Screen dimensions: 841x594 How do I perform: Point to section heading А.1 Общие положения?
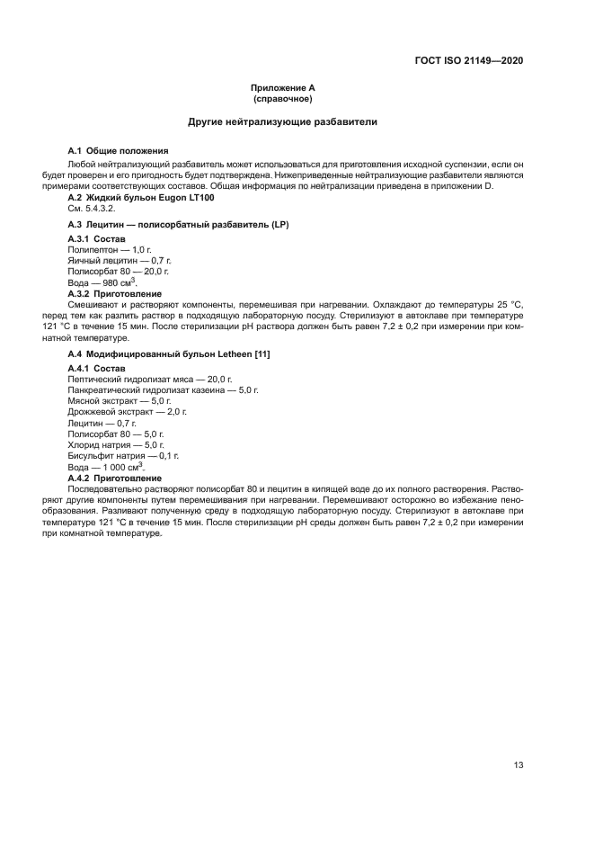tap(119, 150)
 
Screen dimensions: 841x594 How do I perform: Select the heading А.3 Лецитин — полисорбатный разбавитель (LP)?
tap(178, 224)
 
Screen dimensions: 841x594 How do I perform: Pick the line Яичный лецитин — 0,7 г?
tap(113, 260)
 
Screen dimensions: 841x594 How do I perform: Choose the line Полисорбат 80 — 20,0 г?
tap(118, 271)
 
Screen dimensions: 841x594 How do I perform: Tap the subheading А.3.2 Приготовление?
tap(115, 293)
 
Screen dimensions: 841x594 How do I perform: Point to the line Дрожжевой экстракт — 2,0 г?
tap(127, 412)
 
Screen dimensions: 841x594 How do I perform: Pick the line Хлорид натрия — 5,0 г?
tap(116, 444)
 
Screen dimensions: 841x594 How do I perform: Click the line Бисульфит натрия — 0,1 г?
tap(123, 456)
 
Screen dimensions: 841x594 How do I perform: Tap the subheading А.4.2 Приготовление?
tap(115, 478)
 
